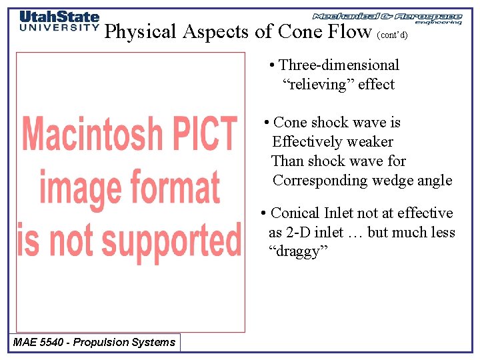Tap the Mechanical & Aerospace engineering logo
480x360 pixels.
387,18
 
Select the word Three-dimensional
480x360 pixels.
339,65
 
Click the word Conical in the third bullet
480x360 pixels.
295,213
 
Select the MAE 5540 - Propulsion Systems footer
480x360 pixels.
94,343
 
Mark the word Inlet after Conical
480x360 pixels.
339,213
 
